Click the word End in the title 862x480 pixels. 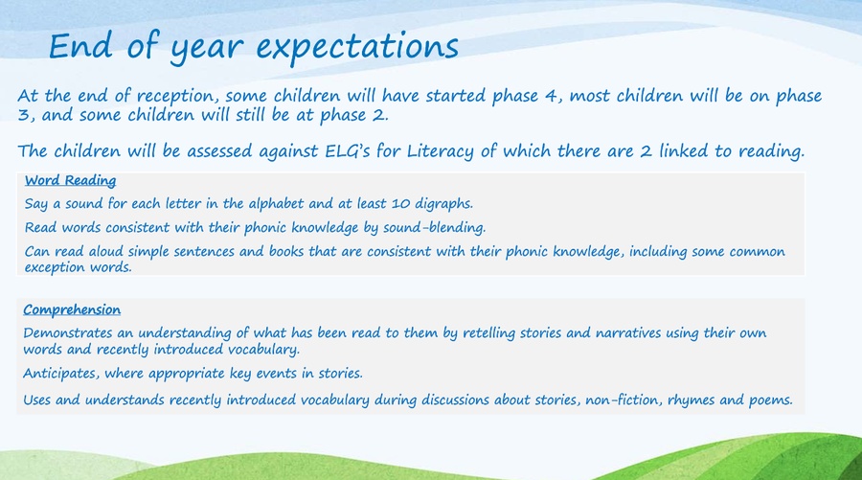tap(80, 46)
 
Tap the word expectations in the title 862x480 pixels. tap(357, 48)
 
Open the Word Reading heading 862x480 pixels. tap(70, 180)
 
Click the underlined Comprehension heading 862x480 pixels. tap(72, 310)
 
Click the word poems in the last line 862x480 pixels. tap(771, 400)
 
